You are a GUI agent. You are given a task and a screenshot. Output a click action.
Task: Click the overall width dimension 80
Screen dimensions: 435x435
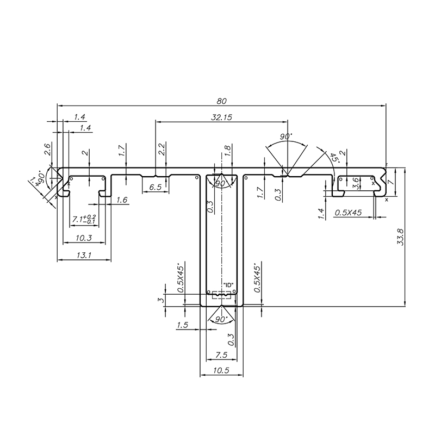click(221, 101)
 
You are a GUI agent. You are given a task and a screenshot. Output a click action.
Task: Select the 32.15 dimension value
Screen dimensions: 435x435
click(222, 117)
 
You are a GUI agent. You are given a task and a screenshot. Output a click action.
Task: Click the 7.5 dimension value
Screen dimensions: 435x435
click(221, 354)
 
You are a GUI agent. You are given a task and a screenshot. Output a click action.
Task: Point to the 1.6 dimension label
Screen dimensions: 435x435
click(122, 201)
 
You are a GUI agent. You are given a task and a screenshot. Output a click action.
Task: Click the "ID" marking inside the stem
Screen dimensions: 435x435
click(228, 285)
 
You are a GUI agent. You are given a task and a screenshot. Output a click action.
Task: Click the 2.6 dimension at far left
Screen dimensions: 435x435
click(48, 149)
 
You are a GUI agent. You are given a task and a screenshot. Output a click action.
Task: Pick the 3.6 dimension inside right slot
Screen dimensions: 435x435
click(356, 183)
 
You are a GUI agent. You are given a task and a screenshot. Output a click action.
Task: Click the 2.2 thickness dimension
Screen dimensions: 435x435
click(161, 150)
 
